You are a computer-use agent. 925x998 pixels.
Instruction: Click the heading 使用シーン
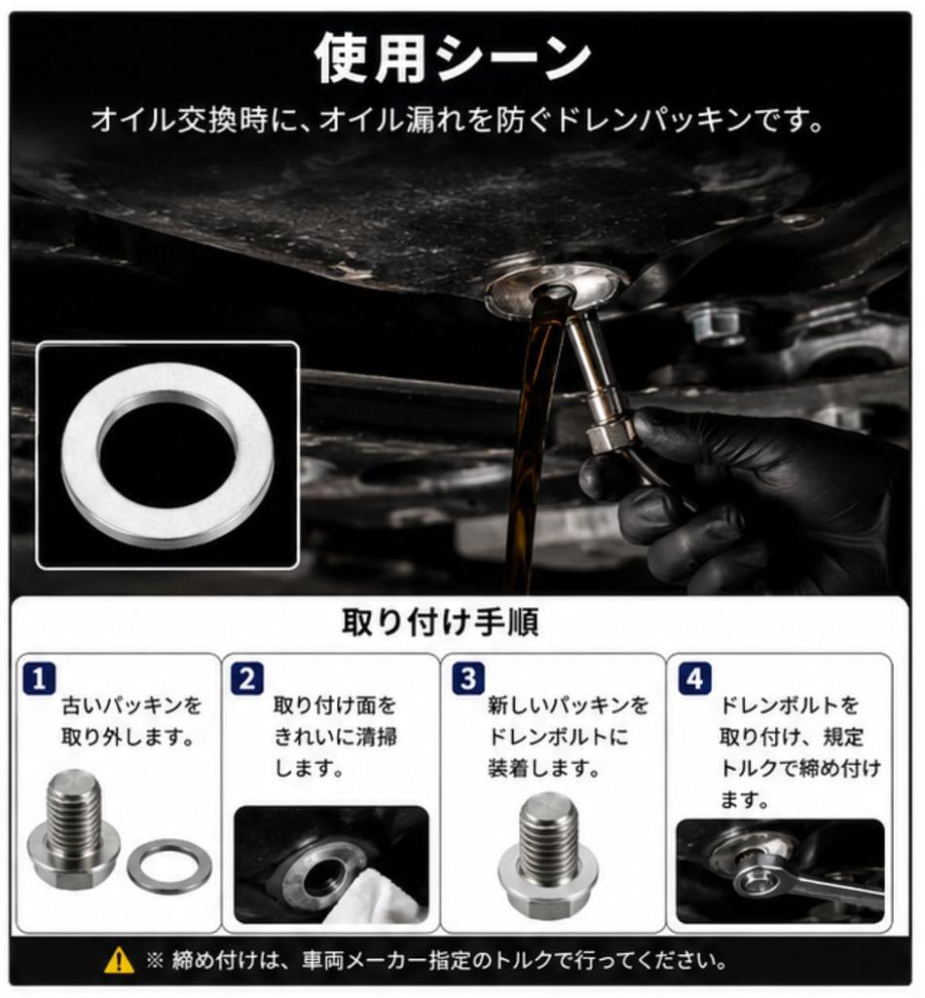pos(453,59)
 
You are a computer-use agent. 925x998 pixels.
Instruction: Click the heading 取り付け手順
pos(440,622)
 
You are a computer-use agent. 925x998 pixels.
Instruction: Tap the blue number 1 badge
pos(39,678)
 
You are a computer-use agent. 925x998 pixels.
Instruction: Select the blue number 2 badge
pos(246,678)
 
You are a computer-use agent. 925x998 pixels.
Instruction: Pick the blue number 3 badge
pos(468,678)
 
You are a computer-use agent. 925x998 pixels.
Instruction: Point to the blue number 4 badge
pos(695,678)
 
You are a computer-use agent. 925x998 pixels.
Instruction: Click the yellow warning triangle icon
pos(119,960)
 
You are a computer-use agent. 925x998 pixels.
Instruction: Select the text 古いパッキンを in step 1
pos(131,706)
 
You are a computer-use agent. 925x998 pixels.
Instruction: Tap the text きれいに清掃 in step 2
pos(336,737)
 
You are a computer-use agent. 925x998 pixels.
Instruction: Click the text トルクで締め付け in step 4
pos(799,768)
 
